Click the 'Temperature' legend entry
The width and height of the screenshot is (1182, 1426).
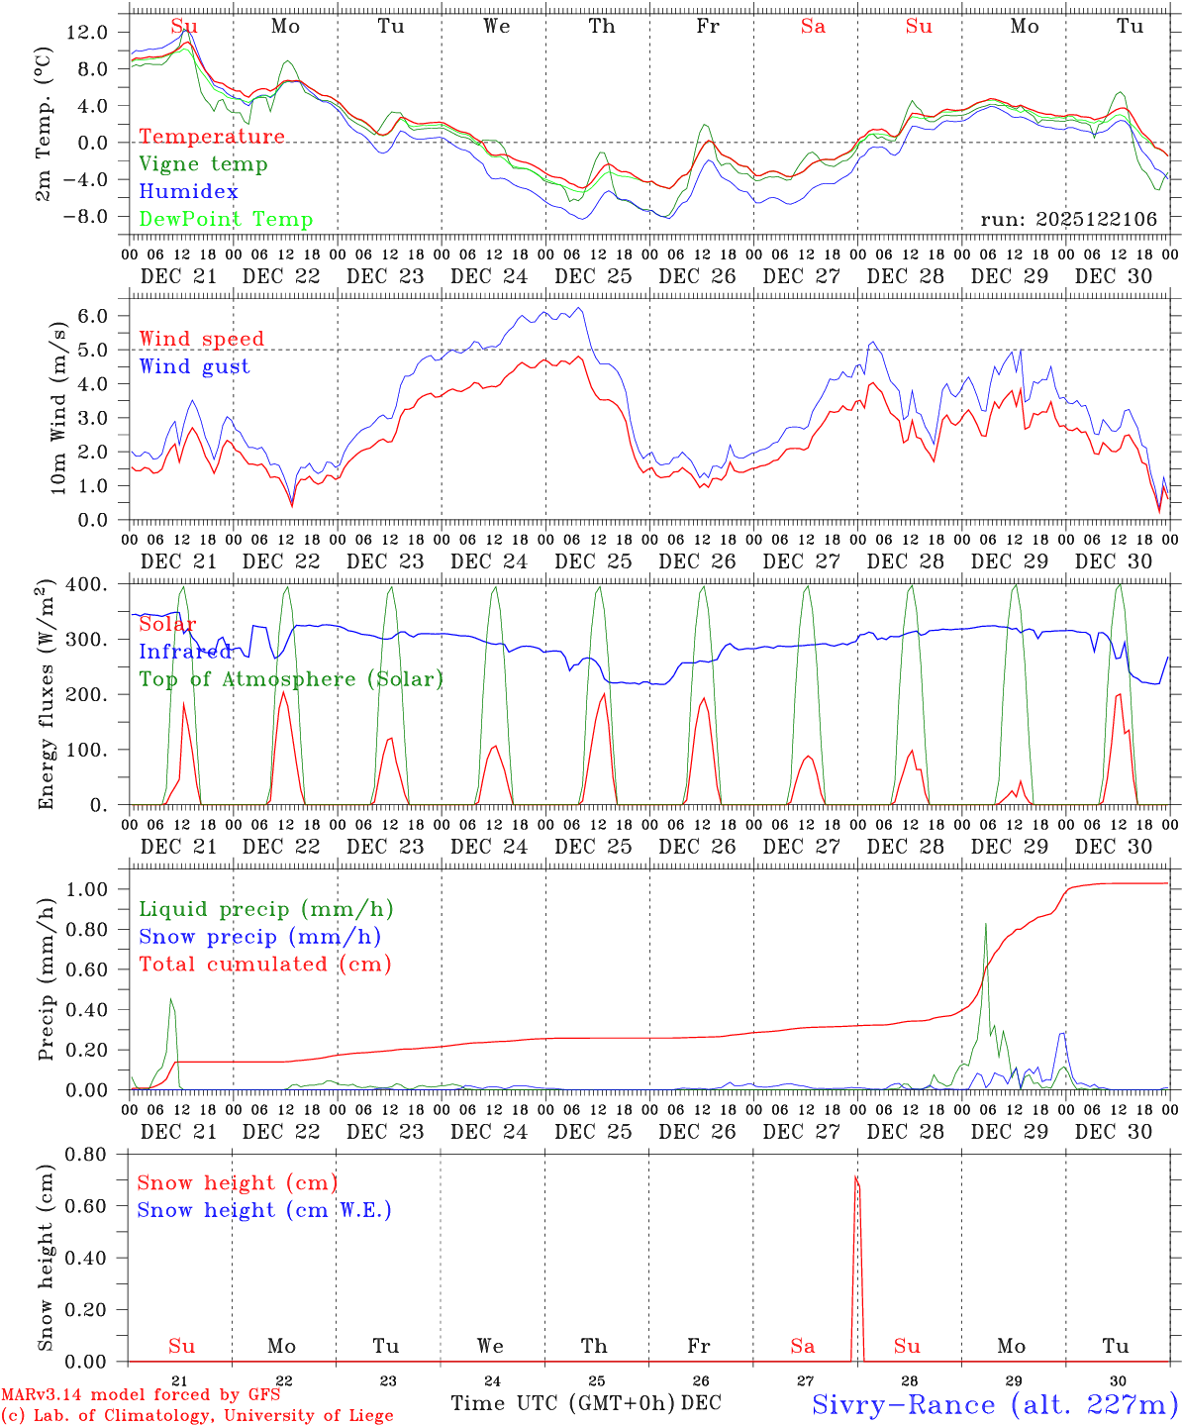pyautogui.click(x=211, y=137)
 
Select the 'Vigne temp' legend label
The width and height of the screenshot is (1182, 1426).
pyautogui.click(x=203, y=164)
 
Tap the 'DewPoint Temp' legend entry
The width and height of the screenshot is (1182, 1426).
pyautogui.click(x=226, y=220)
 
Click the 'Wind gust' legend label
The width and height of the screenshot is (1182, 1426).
pyautogui.click(x=194, y=366)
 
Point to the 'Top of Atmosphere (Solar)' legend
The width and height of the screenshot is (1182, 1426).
pyautogui.click(x=291, y=679)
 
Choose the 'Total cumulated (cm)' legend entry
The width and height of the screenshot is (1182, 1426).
pyautogui.click(x=265, y=964)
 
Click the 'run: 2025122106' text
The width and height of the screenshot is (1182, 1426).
pyautogui.click(x=1068, y=219)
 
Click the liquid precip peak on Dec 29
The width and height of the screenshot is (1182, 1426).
pyautogui.click(x=985, y=924)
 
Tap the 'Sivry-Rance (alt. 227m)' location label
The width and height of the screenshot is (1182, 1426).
pyautogui.click(x=994, y=1404)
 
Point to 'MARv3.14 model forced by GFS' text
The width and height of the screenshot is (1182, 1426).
pyautogui.click(x=141, y=1395)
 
